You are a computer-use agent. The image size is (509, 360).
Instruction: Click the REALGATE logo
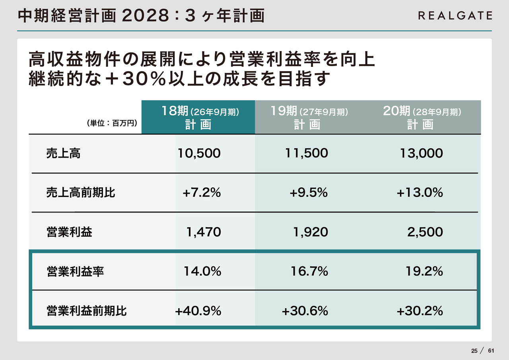pos(455,16)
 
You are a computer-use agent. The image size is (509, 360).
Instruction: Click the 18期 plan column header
pos(198,117)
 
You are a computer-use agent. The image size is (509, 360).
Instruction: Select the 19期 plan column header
pos(309,117)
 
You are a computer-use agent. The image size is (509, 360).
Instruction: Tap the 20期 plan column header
pos(422,117)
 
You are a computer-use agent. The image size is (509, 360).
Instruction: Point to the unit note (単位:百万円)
pos(112,124)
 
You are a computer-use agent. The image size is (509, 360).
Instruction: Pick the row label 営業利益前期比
pos(86,311)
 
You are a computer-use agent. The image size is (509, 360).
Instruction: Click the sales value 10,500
pos(199,154)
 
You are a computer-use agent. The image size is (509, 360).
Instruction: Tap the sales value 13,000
pos(421,154)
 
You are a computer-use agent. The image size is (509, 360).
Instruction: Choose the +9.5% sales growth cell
pos(308,193)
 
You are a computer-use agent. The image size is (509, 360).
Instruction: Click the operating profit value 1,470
pos(204,232)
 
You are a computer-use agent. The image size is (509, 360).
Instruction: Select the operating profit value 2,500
pos(425,232)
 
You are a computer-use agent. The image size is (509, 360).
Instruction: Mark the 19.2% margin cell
pos(424,272)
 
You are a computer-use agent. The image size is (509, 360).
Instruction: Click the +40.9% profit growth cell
pos(198,311)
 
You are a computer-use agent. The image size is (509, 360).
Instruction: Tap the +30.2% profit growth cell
pos(420,311)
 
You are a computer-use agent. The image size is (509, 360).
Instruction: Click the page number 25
pos(474,351)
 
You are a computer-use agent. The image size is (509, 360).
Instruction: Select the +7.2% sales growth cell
pos(201,193)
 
